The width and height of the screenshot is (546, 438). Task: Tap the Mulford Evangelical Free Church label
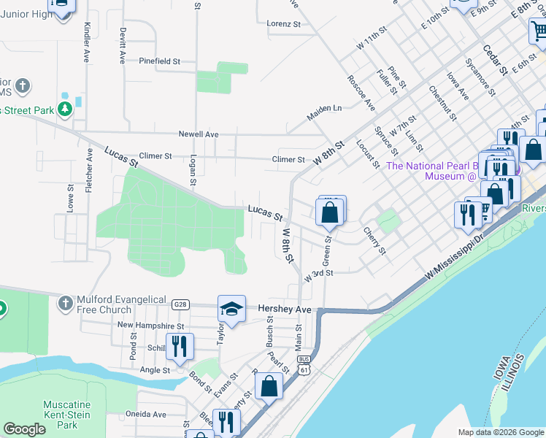(105, 304)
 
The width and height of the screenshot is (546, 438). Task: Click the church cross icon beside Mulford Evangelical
(66, 302)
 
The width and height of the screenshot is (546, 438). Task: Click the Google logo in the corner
(24, 429)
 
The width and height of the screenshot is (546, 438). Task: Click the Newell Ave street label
(199, 134)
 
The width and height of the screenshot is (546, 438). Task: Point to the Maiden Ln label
(324, 108)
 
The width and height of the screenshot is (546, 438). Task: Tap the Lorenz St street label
(283, 24)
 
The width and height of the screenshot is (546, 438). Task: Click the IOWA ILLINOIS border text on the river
(511, 376)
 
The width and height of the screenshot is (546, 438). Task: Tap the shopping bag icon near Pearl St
(269, 387)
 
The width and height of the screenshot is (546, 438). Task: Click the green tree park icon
(66, 109)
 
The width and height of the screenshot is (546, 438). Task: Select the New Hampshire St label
(150, 326)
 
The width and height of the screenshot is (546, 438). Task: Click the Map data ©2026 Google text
(500, 432)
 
